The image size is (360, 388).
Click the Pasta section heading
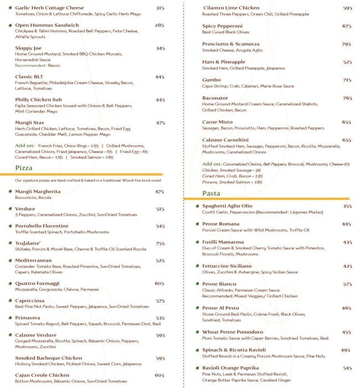(x=211, y=193)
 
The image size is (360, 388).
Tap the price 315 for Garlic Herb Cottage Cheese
(x=160, y=8)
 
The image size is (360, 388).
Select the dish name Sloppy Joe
(x=28, y=48)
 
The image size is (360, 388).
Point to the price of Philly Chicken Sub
(x=160, y=100)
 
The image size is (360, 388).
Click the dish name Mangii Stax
(x=30, y=123)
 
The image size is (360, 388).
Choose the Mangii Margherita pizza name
(x=38, y=192)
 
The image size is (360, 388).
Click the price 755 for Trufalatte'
(x=160, y=243)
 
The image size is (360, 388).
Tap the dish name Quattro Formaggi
(x=37, y=283)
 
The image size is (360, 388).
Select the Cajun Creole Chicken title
(x=42, y=375)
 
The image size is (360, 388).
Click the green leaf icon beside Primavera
(x=10, y=318)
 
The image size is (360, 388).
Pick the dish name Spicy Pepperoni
(x=222, y=26)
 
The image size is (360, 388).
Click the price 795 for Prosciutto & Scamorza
(x=346, y=44)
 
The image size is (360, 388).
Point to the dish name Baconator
(x=215, y=98)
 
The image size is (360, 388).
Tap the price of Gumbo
(x=347, y=80)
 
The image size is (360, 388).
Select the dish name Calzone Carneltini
(x=225, y=140)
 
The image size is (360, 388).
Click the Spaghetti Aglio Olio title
(x=227, y=206)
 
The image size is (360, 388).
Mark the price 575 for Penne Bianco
(x=347, y=284)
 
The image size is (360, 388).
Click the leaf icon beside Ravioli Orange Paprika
(x=197, y=368)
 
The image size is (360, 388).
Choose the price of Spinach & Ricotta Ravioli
(x=346, y=350)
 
